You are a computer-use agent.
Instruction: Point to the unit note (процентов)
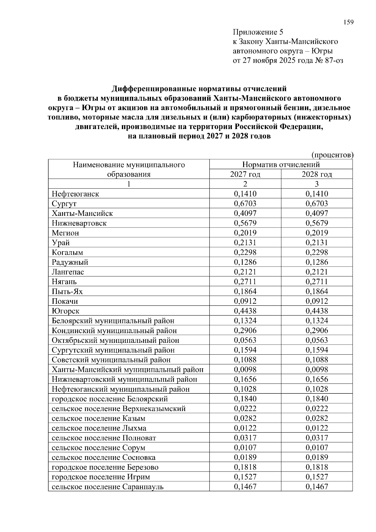point(332,155)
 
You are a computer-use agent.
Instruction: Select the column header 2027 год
point(245,174)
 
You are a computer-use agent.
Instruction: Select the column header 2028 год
point(317,174)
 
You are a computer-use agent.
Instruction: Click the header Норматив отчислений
point(281,164)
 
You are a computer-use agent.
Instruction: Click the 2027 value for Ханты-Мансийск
point(245,213)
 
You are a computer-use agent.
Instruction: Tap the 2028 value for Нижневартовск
point(317,223)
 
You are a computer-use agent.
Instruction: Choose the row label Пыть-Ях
point(67,291)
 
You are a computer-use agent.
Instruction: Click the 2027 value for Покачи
point(245,301)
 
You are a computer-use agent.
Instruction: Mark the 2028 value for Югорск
point(317,311)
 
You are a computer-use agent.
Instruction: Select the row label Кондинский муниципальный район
point(114,331)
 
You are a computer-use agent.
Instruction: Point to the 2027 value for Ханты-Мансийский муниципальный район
point(245,369)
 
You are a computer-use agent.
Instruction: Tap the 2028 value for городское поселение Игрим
point(317,477)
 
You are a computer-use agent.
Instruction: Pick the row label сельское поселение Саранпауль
point(107,487)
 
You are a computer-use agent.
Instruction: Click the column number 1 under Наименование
point(128,184)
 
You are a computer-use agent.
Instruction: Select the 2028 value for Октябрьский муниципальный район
point(317,340)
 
